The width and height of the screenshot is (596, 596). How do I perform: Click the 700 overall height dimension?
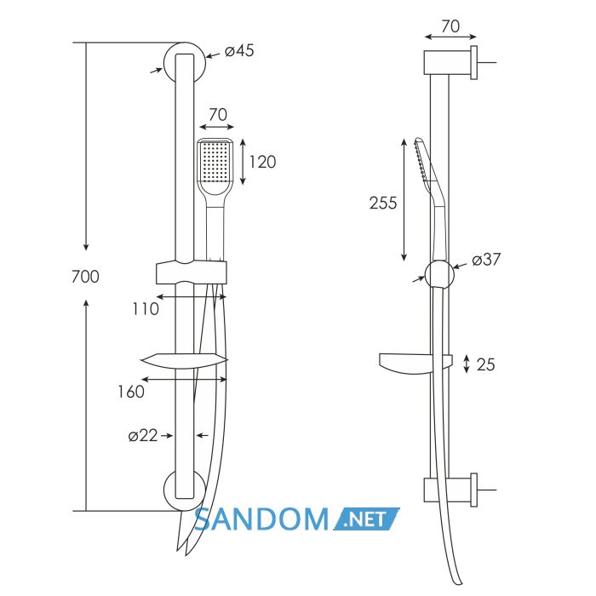click(x=85, y=277)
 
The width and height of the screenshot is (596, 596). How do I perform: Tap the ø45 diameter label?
click(x=239, y=50)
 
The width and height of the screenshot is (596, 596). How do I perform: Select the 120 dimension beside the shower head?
click(x=262, y=162)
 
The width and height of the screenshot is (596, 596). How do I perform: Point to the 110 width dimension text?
click(x=146, y=308)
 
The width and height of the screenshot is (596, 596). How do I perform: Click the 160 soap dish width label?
click(x=131, y=392)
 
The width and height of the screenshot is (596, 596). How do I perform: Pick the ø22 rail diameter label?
click(x=143, y=436)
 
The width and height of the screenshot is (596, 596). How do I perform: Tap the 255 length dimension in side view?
click(x=383, y=203)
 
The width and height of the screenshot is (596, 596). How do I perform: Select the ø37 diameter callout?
click(x=486, y=260)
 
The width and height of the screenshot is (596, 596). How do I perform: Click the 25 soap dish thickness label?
click(x=486, y=364)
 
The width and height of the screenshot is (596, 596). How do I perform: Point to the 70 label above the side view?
click(x=450, y=26)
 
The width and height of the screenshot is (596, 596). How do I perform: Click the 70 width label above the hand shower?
click(x=218, y=114)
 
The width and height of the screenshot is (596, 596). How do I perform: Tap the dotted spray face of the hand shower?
click(x=215, y=160)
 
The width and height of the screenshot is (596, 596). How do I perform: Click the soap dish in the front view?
click(x=184, y=361)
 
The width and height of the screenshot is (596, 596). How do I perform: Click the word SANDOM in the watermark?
click(x=261, y=519)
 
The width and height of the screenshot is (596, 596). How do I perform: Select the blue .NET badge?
click(x=367, y=519)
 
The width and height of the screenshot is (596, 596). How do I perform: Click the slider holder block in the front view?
click(x=192, y=272)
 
